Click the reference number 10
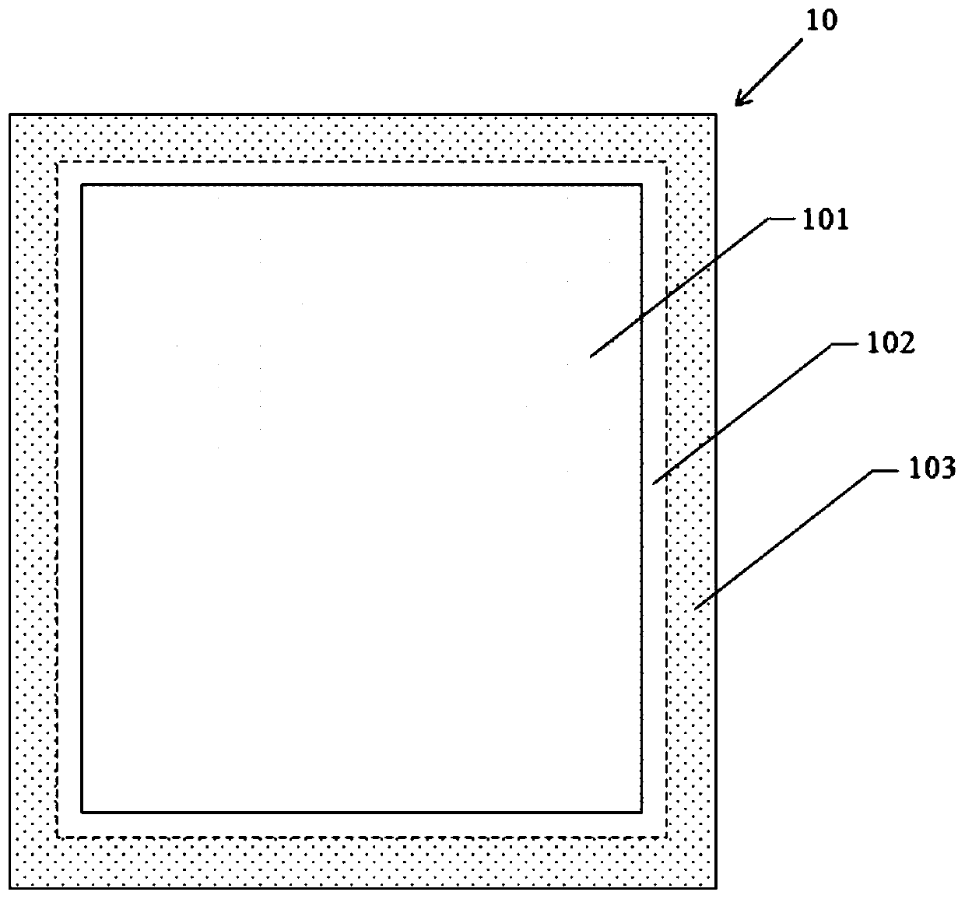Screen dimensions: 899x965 tap(821, 20)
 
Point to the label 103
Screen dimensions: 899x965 tap(931, 469)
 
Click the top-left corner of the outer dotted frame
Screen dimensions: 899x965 tap(10, 115)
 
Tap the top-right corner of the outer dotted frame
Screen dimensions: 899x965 tap(716, 115)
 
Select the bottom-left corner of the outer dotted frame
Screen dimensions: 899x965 tap(10, 888)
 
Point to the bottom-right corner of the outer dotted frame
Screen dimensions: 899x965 tap(716, 888)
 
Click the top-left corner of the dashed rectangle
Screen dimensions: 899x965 tap(58, 162)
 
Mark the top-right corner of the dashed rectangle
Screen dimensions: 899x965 tap(667, 162)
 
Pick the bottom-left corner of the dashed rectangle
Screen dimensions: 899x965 tap(58, 838)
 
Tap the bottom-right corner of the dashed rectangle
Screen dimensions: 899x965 tap(667, 838)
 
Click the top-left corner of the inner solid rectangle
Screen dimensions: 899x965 tap(82, 185)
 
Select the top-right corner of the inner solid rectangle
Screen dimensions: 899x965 tap(642, 185)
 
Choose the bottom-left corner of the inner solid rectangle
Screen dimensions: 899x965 tap(82, 813)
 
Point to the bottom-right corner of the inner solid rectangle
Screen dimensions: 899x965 tap(642, 813)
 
